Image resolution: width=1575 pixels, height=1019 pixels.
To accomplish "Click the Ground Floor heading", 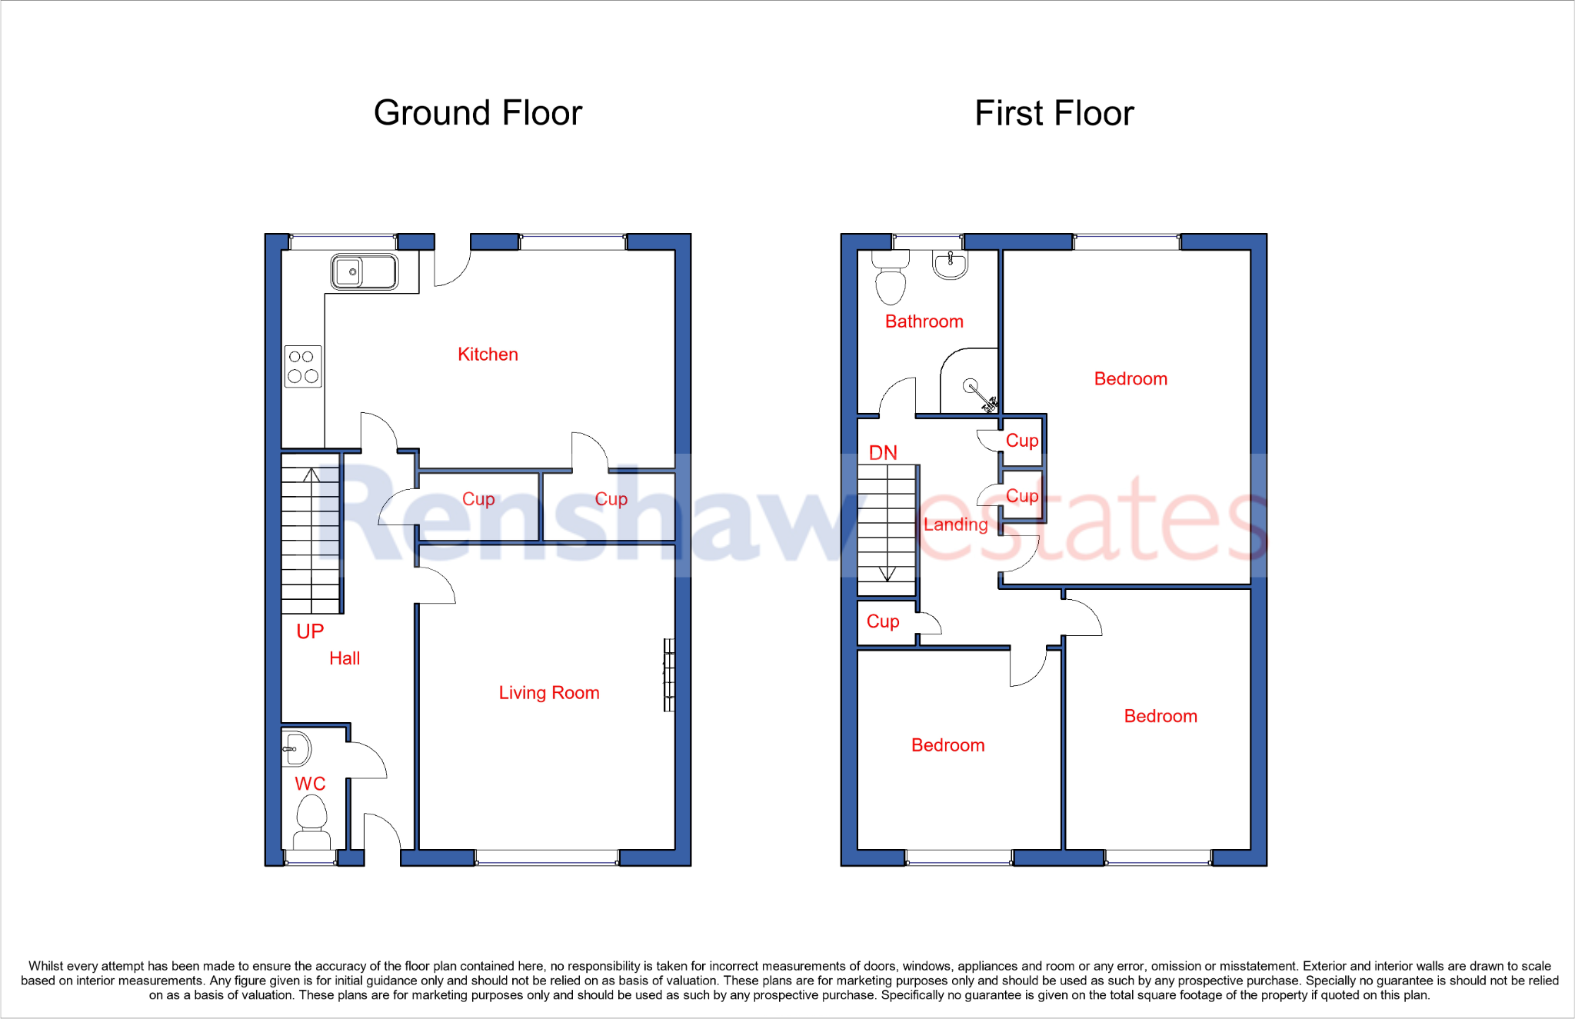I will pyautogui.click(x=478, y=113).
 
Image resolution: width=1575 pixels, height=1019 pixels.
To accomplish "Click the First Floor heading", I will pyautogui.click(x=1054, y=113).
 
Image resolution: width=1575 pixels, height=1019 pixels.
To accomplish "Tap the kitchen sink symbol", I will pyautogui.click(x=365, y=271).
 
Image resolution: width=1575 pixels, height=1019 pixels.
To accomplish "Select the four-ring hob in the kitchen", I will pyautogui.click(x=303, y=366).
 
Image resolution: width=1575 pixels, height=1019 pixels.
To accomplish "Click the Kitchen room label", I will pyautogui.click(x=488, y=355).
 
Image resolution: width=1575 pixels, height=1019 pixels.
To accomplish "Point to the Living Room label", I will pyautogui.click(x=548, y=693).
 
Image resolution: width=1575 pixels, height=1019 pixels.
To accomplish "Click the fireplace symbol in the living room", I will pyautogui.click(x=669, y=675).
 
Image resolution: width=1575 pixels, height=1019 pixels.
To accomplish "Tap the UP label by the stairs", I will pyautogui.click(x=310, y=631).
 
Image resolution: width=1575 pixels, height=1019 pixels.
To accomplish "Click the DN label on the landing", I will pyautogui.click(x=883, y=453).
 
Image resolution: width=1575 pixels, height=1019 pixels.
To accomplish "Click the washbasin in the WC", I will pyautogui.click(x=297, y=749).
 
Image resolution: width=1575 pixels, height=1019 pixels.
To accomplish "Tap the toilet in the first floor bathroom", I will pyautogui.click(x=891, y=281).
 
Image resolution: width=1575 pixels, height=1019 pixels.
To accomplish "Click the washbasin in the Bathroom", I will pyautogui.click(x=950, y=265).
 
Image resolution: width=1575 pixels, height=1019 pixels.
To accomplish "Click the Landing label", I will pyautogui.click(x=955, y=524).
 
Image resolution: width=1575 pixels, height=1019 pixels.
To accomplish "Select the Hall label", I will pyautogui.click(x=345, y=658).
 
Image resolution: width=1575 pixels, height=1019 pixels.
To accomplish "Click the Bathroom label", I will pyautogui.click(x=924, y=321).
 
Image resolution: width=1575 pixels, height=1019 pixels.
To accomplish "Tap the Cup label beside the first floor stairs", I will pyautogui.click(x=883, y=621).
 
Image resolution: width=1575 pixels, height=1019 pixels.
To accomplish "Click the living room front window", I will pyautogui.click(x=547, y=857).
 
